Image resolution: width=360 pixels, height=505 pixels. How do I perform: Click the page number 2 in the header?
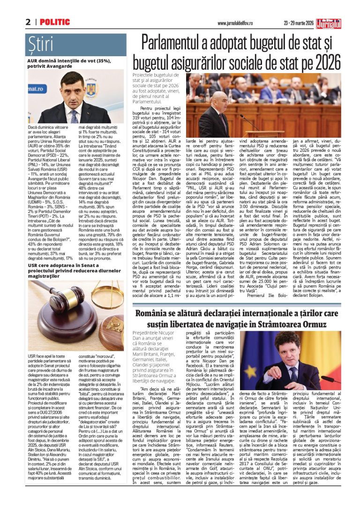[28, 22]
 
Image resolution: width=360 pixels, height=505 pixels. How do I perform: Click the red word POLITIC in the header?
[55, 22]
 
